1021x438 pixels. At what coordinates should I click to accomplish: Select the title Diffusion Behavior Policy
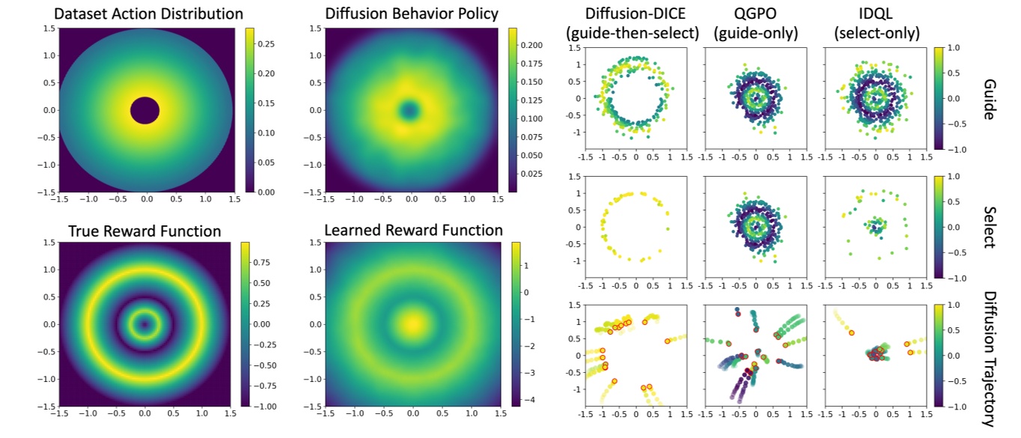point(412,14)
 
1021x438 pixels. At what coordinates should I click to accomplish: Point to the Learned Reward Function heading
point(413,230)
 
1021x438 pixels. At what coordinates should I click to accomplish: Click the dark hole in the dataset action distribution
point(144,111)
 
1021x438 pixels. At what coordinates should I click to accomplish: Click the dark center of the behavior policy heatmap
point(409,111)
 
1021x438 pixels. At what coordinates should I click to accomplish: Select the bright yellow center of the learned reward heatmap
point(412,324)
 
